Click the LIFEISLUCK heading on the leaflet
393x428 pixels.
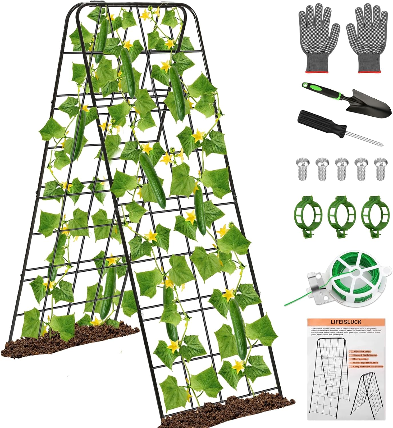coord(346,322)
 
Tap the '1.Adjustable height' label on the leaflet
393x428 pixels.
coord(361,351)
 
